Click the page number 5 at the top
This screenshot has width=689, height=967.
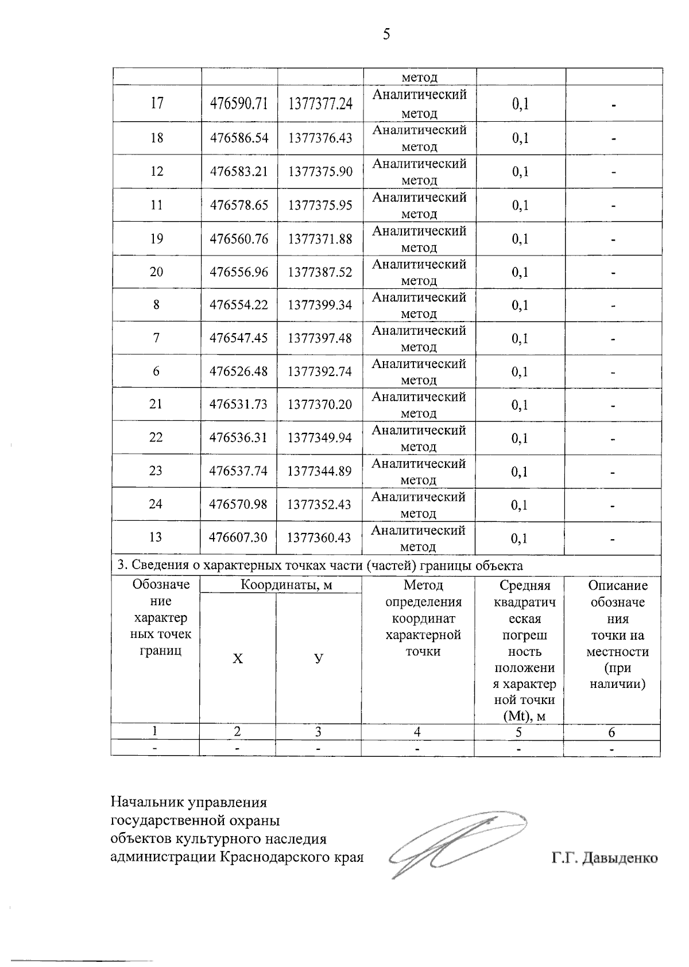(x=386, y=35)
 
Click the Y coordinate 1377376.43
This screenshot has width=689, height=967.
(x=320, y=138)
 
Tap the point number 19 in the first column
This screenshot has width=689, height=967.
(x=156, y=238)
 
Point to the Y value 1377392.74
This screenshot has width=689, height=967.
(x=319, y=372)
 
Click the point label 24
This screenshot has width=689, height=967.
(x=156, y=504)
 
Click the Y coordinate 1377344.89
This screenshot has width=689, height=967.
(x=319, y=471)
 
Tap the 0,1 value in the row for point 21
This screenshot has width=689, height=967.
(x=520, y=405)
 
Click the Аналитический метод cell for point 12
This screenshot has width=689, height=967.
(x=419, y=172)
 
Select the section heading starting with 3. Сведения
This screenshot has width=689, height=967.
(x=320, y=566)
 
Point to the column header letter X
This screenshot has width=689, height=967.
(x=237, y=659)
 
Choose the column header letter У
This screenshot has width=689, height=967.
(x=318, y=659)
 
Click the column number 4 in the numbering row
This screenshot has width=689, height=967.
(x=417, y=732)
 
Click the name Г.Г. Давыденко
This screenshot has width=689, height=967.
(x=604, y=858)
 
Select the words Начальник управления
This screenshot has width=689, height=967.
(x=189, y=802)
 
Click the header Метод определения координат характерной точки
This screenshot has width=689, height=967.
(x=423, y=618)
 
